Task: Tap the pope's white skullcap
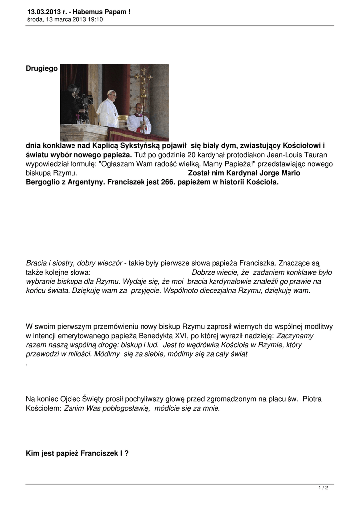(x=111, y=92)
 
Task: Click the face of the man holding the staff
(x=139, y=108)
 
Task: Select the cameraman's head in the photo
(x=72, y=90)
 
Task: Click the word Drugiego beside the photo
(x=42, y=68)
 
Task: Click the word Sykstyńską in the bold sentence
(x=141, y=145)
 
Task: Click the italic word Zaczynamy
(x=294, y=336)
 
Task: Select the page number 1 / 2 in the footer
(x=323, y=488)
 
